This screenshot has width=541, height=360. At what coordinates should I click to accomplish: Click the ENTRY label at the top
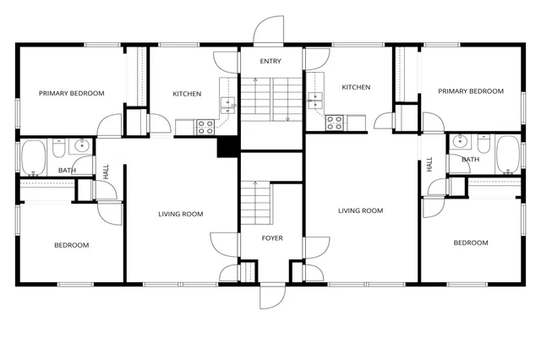[x=270, y=61]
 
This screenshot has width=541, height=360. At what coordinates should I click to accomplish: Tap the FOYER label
[x=270, y=238]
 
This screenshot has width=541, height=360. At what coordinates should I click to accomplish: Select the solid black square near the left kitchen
[x=227, y=146]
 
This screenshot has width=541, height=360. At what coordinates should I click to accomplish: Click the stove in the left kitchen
[x=205, y=127]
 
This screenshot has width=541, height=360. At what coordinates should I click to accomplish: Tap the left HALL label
[x=106, y=171]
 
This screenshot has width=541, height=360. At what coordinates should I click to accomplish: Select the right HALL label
[x=430, y=164]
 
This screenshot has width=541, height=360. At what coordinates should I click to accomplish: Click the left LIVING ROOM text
[x=181, y=214]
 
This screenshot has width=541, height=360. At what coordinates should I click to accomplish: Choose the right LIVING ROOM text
[x=361, y=210]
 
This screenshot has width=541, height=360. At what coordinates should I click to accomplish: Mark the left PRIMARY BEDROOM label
[x=71, y=93]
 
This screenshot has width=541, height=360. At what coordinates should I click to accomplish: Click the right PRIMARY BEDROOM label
[x=470, y=91]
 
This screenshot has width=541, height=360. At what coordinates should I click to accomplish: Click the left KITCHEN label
[x=187, y=94]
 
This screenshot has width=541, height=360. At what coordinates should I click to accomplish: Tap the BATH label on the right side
[x=470, y=159]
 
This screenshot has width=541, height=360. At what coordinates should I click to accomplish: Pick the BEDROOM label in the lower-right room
[x=470, y=243]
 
